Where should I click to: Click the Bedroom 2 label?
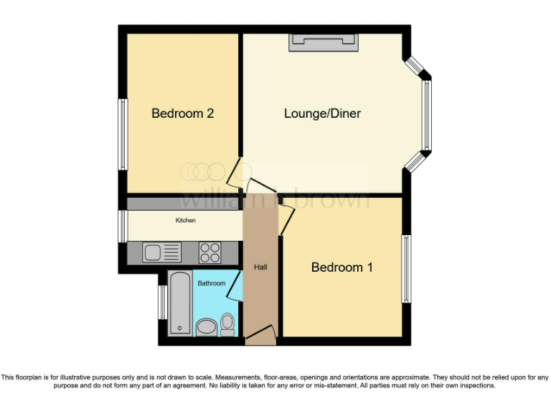point(182,114)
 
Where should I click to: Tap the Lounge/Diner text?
point(322,114)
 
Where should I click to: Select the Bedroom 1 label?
point(342,267)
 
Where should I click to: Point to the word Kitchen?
point(185,220)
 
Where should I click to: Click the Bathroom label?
point(212,283)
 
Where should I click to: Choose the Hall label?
point(260,267)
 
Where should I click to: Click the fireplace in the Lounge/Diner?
point(323,42)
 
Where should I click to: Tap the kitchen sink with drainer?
point(161,252)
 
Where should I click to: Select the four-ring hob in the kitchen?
point(209,252)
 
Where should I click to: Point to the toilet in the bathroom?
point(227,324)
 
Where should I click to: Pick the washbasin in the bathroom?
point(206,328)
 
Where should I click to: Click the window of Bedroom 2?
point(123,134)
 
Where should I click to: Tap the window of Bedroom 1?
point(406,269)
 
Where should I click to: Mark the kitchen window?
point(123,226)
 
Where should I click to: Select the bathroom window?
point(162,302)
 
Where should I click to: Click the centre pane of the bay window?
point(426,115)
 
